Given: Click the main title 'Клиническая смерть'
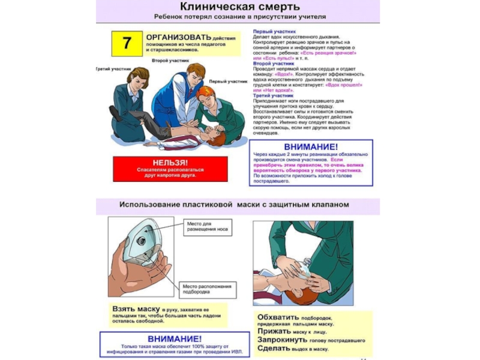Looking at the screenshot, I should point(234,7).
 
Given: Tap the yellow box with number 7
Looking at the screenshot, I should point(127,43).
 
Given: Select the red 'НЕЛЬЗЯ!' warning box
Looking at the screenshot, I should point(170,169).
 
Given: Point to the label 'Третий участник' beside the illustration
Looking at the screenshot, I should point(113,69).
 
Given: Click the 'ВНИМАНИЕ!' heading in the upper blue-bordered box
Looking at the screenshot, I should point(311,146).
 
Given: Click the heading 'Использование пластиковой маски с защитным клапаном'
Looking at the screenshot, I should point(234,205).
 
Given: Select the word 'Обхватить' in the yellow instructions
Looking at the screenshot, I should point(278,317).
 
